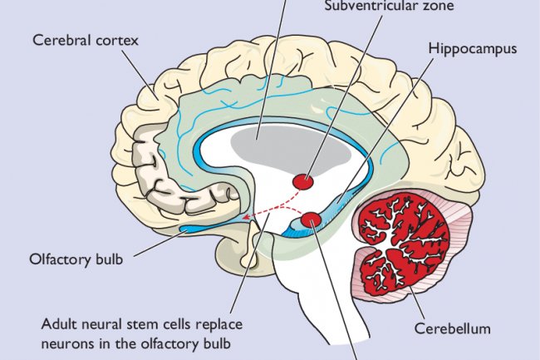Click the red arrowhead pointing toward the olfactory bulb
(247, 220)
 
